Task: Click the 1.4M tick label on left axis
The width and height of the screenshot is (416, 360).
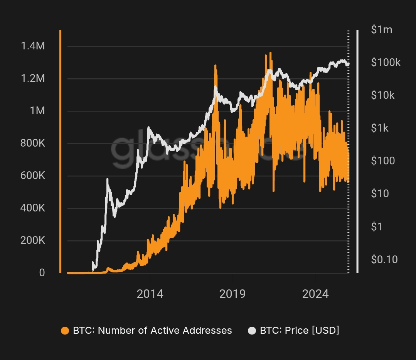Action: coord(34,46)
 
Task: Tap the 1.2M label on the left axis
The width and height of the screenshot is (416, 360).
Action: coord(34,79)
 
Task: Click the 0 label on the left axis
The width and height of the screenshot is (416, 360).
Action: coord(42,273)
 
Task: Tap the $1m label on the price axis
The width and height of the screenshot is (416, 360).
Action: coord(381,30)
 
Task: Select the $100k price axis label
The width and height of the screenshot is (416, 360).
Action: coord(386,63)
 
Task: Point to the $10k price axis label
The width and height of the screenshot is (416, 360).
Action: coord(382,95)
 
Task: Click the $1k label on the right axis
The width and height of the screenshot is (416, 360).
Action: coord(380,128)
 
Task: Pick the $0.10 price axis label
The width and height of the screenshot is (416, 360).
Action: coord(384,260)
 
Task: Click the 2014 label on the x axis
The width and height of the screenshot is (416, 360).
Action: coord(150,294)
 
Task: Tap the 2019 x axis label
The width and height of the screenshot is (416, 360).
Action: coord(232,294)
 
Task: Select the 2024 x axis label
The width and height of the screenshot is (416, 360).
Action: coord(315,294)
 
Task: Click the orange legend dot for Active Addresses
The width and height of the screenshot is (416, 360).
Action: coord(65,331)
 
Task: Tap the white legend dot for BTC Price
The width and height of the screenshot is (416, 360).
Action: coord(252,331)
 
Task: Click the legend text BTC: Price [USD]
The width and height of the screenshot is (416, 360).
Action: coord(300,331)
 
